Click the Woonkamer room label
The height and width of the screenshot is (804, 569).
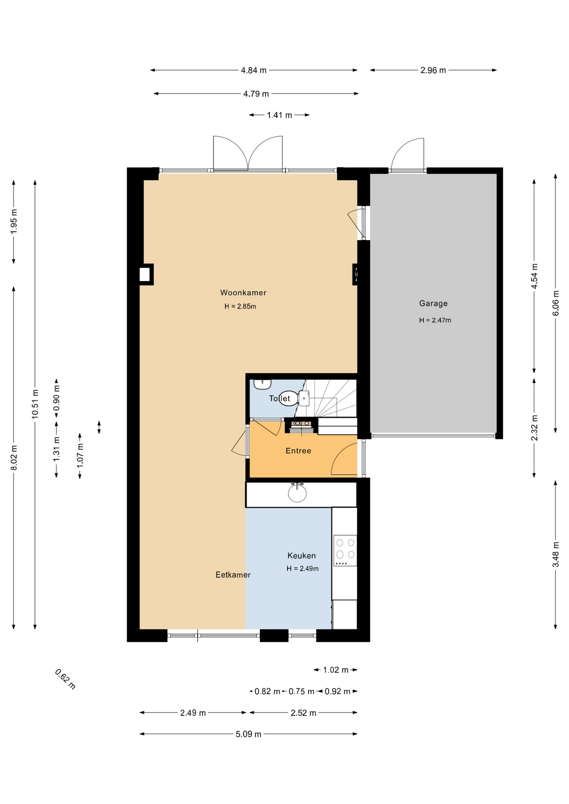click(x=243, y=293)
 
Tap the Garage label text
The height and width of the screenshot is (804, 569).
click(x=433, y=304)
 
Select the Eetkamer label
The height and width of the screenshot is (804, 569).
click(x=233, y=575)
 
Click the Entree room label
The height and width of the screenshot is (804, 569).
click(x=298, y=451)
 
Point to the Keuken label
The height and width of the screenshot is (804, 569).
click(x=302, y=556)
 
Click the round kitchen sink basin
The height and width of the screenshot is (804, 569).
click(x=297, y=493)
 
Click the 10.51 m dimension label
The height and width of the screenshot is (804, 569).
click(x=35, y=404)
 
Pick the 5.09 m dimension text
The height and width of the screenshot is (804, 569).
click(x=248, y=734)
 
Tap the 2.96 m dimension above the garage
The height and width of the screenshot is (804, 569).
click(x=433, y=70)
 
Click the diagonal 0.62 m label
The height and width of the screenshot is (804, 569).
click(x=65, y=679)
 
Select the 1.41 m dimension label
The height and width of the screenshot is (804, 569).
click(x=279, y=115)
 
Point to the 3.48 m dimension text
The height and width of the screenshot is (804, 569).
click(x=556, y=554)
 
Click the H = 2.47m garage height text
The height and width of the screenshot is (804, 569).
click(x=435, y=320)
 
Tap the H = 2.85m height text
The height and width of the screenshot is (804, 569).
click(x=240, y=307)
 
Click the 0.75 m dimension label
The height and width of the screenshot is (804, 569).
click(x=301, y=691)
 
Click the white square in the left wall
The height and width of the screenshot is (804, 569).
click(x=145, y=274)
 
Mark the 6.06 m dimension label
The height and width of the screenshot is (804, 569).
click(x=556, y=303)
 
